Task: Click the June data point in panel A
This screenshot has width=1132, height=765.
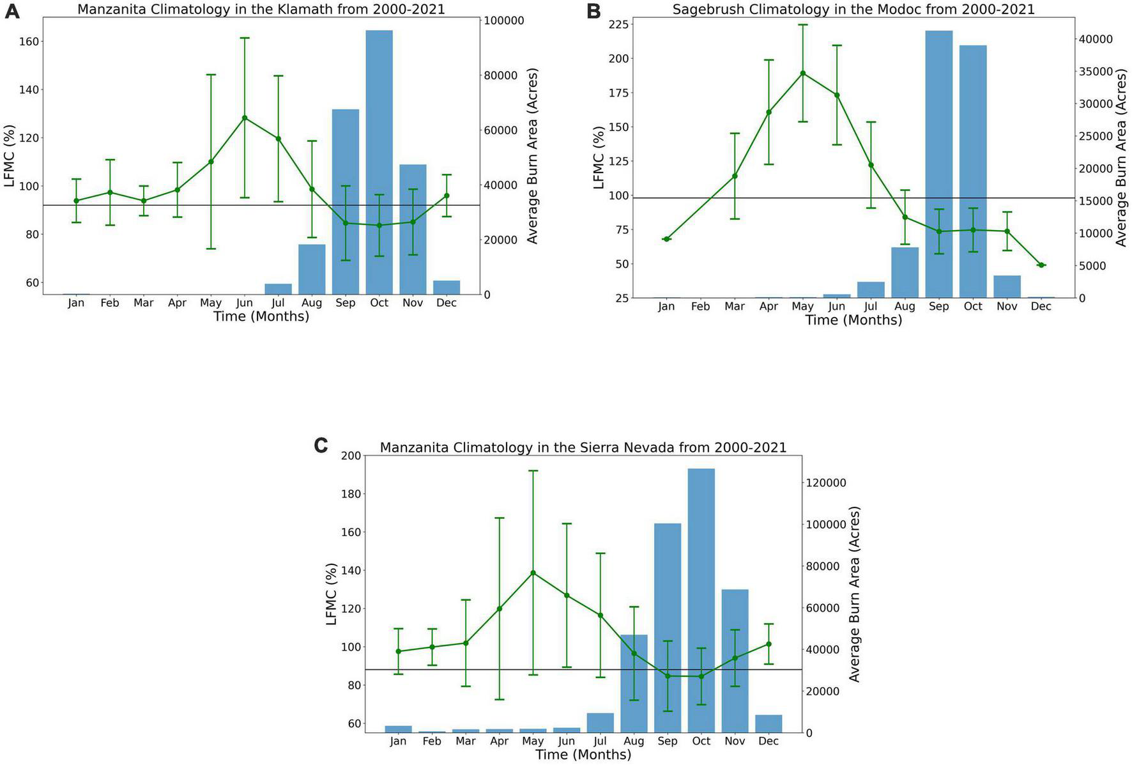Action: pos(245,118)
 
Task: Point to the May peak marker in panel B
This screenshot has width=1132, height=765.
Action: pos(802,73)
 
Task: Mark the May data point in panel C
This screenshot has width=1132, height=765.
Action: pos(533,573)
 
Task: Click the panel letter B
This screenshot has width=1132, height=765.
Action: pos(593,11)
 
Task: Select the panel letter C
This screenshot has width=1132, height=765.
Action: pos(321,445)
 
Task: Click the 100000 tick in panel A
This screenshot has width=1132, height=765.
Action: pos(505,20)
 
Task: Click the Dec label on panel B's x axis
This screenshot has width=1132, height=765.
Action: pos(1041,307)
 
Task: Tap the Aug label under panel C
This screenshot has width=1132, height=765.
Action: pos(634,741)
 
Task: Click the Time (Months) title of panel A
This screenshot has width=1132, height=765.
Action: pos(261,316)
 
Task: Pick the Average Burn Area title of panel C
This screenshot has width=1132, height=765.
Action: pos(855,594)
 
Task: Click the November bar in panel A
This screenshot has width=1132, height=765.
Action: pos(413,229)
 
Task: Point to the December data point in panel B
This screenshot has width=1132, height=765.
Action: pos(1041,265)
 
